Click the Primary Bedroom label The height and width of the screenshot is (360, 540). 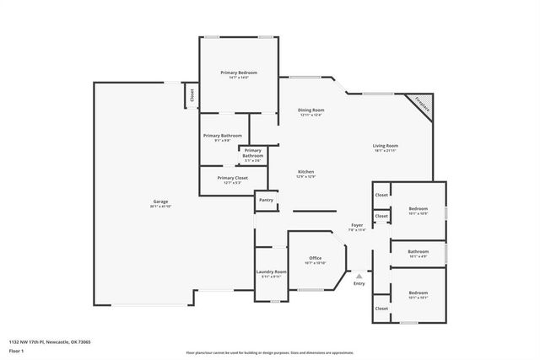coord(239,73)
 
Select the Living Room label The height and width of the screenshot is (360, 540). coord(386,147)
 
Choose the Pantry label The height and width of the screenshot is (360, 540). coord(266,200)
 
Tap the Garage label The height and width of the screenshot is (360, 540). coord(159,202)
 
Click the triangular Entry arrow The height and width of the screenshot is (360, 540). coord(359,275)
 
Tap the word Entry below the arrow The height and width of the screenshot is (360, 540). coord(359,284)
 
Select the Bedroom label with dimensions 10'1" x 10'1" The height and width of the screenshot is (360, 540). coord(418,294)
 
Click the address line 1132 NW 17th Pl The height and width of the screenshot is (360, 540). coord(50,341)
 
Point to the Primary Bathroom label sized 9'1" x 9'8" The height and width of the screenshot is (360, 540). coord(222,136)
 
